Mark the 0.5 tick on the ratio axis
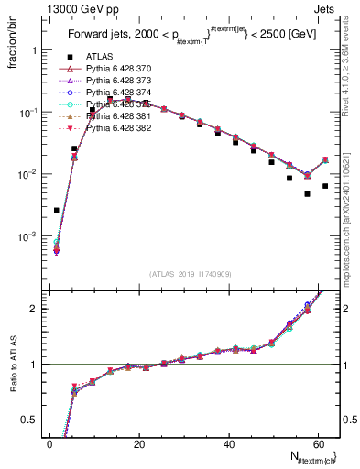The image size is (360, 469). (x=33, y=420)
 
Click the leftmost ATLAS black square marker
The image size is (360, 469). (x=57, y=210)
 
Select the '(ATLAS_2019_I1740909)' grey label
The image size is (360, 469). (x=190, y=273)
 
